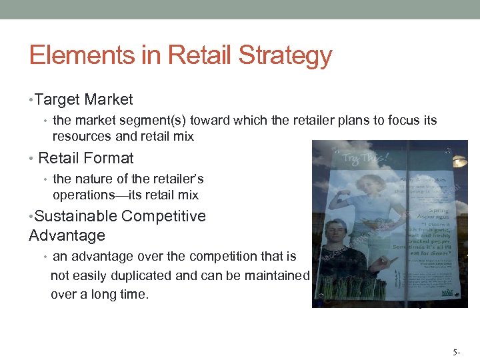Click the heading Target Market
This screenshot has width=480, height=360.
pos(84,100)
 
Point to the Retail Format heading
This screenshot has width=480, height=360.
pos(86,159)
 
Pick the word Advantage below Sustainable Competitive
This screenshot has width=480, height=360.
pos(67,236)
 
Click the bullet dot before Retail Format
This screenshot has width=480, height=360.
pos(31,159)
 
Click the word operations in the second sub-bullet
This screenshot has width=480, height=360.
pos(88,195)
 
